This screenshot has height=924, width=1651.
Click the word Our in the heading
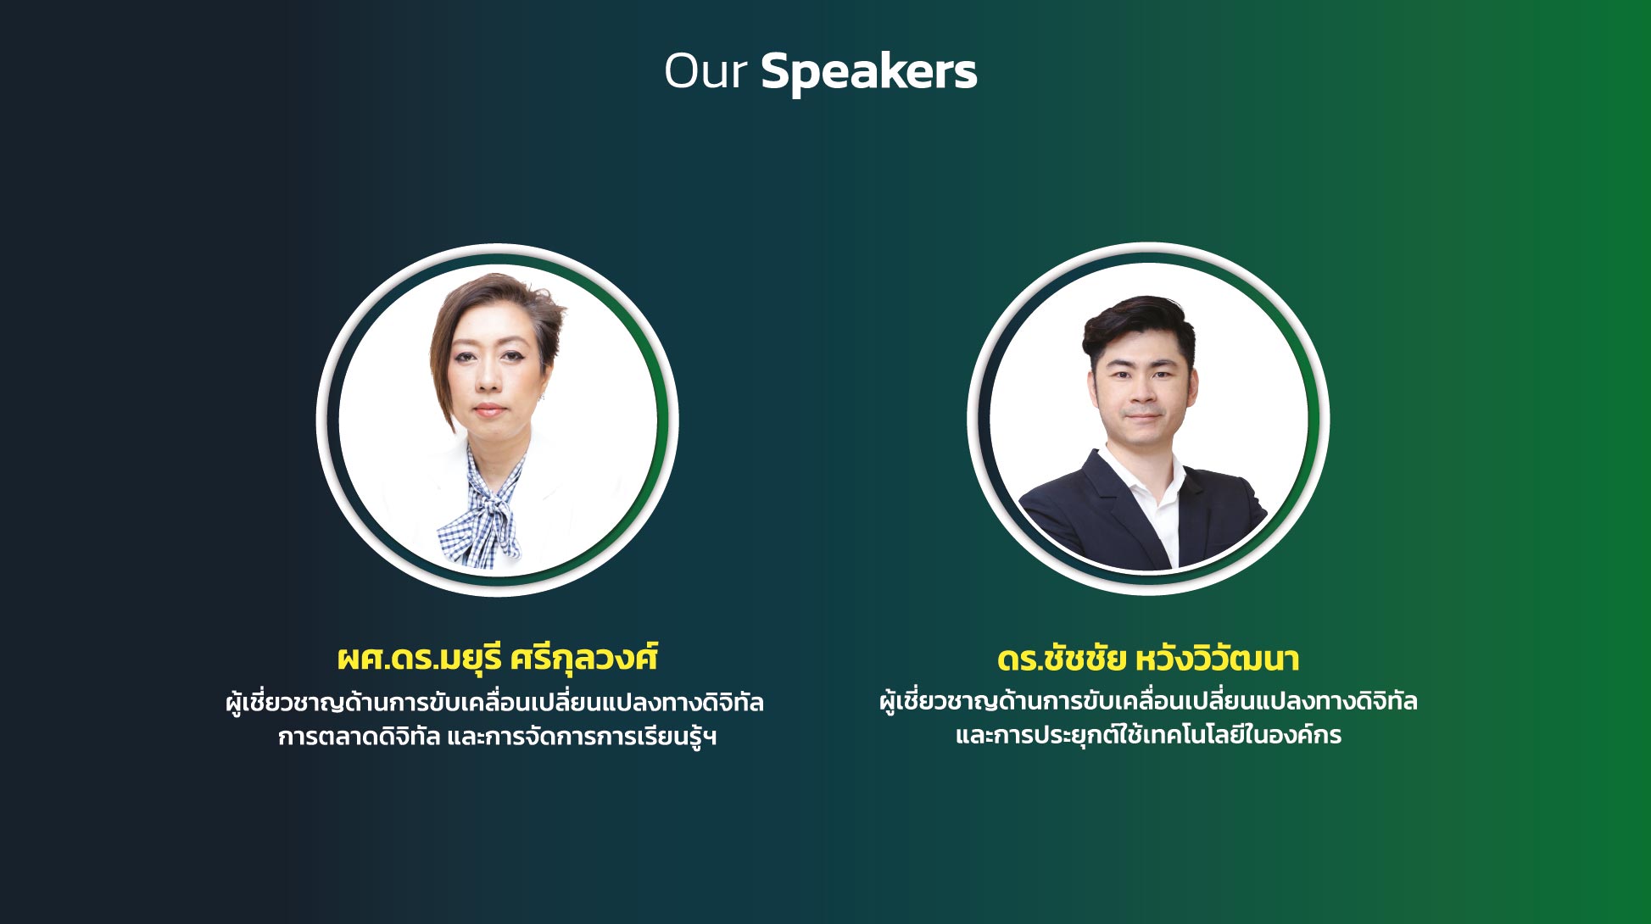click(x=705, y=70)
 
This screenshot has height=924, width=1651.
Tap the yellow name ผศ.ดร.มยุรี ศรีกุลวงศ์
click(x=498, y=659)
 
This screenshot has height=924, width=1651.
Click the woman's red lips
click(x=488, y=410)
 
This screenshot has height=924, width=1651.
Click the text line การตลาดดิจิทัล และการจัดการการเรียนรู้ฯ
click(x=498, y=737)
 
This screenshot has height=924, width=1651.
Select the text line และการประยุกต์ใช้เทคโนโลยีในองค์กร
click(x=1148, y=735)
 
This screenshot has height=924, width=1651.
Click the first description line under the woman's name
click(x=495, y=703)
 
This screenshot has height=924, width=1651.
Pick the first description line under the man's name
click(x=1148, y=702)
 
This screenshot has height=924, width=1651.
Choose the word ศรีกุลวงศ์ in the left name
click(x=585, y=659)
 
